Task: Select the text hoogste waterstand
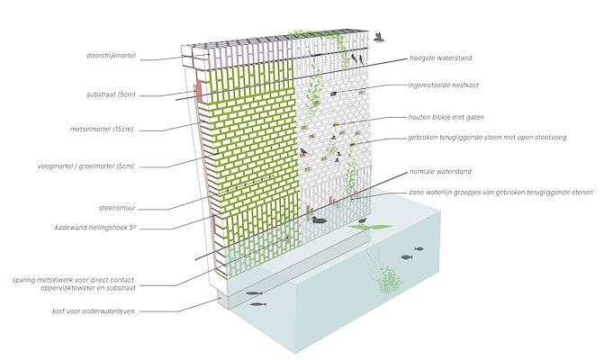pos(441,58)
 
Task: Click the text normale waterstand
pos(440,171)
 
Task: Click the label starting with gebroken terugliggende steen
pos(485,139)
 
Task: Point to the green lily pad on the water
pos(365,229)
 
